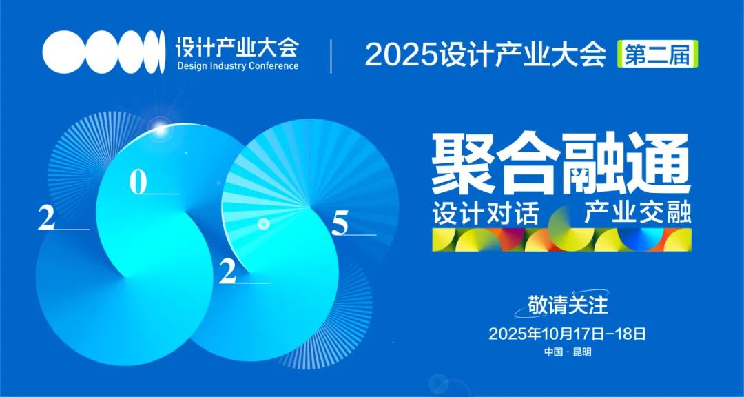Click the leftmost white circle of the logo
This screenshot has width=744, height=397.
pyautogui.click(x=63, y=52)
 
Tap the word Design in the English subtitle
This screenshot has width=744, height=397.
pyautogui.click(x=193, y=65)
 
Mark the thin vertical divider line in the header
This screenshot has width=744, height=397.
pyautogui.click(x=331, y=56)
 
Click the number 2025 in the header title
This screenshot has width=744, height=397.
pyautogui.click(x=400, y=56)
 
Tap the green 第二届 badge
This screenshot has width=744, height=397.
pyautogui.click(x=657, y=54)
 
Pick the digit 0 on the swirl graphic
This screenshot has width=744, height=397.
pyautogui.click(x=138, y=183)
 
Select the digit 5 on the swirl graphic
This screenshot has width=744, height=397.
pyautogui.click(x=340, y=224)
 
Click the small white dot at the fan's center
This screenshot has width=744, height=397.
pyautogui.click(x=264, y=224)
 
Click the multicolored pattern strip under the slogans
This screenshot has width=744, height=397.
pyautogui.click(x=561, y=239)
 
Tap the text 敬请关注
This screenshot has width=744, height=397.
pyautogui.click(x=568, y=306)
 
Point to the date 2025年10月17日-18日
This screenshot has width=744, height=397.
pyautogui.click(x=568, y=334)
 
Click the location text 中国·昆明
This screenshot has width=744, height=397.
pyautogui.click(x=568, y=353)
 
